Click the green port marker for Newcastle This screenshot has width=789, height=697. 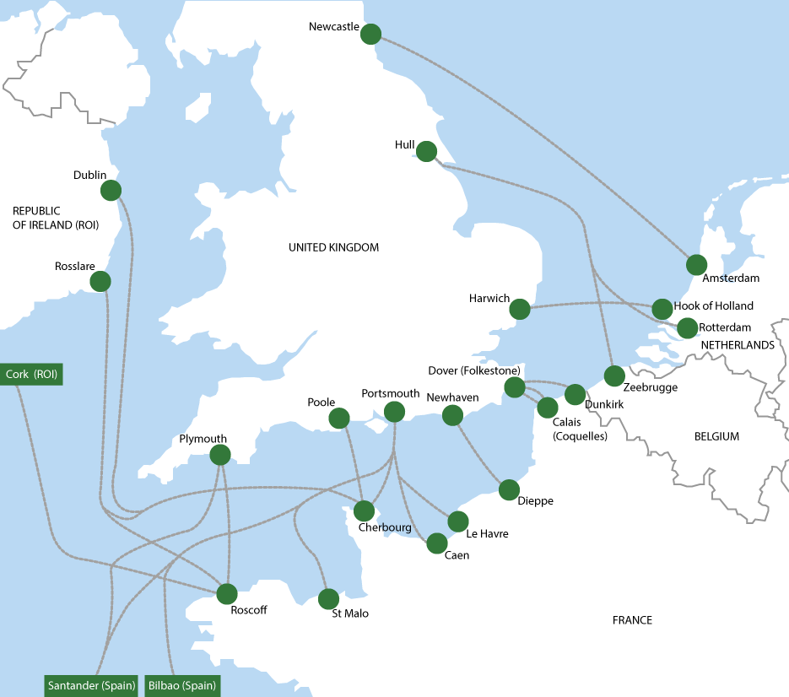pyautogui.click(x=370, y=34)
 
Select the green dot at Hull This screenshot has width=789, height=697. pyautogui.click(x=426, y=151)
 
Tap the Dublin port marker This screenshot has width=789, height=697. pyautogui.click(x=111, y=190)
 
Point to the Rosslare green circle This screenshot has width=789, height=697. pyautogui.click(x=100, y=281)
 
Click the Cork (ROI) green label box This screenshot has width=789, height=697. pyautogui.click(x=31, y=374)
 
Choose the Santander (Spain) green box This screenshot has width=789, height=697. pyautogui.click(x=91, y=685)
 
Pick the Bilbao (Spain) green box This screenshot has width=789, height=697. pyautogui.click(x=182, y=685)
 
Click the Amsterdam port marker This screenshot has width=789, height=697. pyautogui.click(x=696, y=264)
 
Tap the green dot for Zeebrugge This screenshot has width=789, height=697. pyautogui.click(x=614, y=376)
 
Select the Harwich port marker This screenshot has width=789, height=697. pyautogui.click(x=520, y=310)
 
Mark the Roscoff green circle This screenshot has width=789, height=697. pyautogui.click(x=228, y=593)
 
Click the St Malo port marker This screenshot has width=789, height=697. pyautogui.click(x=328, y=599)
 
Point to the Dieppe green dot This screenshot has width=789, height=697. pyautogui.click(x=509, y=489)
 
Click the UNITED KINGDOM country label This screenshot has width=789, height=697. pyautogui.click(x=333, y=247)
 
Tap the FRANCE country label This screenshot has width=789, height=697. pyautogui.click(x=632, y=620)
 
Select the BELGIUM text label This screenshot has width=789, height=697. pyautogui.click(x=716, y=436)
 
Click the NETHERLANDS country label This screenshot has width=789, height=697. pyautogui.click(x=737, y=345)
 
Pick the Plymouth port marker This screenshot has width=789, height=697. pyautogui.click(x=219, y=455)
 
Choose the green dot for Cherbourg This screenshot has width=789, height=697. pyautogui.click(x=365, y=511)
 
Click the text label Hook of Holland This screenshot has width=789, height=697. pyautogui.click(x=714, y=305)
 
